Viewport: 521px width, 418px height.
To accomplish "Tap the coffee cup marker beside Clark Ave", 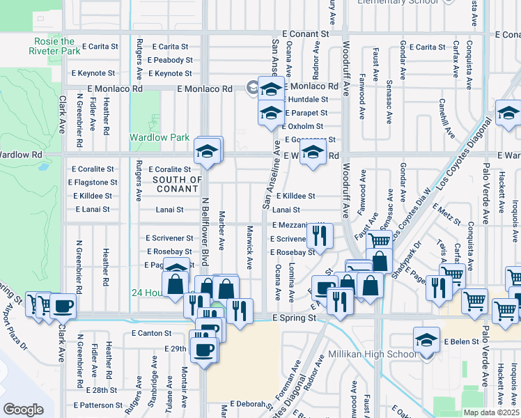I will [x=63, y=306].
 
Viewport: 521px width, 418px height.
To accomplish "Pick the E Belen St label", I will [x=464, y=342].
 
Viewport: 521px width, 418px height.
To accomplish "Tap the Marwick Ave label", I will [x=249, y=247].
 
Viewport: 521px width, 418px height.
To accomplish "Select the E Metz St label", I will [x=446, y=213].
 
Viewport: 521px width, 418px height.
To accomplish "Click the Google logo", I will [x=23, y=410].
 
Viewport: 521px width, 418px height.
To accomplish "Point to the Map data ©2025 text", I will [x=491, y=412].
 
